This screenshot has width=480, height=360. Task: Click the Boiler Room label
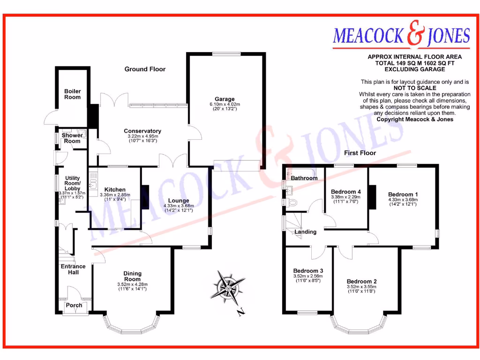[x=72, y=94]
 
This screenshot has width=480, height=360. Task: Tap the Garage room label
[x=225, y=99]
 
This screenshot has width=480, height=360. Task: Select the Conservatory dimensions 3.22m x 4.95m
[x=142, y=136]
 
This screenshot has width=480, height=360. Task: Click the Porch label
[x=74, y=305]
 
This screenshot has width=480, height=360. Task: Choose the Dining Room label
[x=132, y=277]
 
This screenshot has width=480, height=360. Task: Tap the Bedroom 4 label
[x=346, y=192]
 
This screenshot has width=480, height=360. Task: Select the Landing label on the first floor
[x=305, y=232]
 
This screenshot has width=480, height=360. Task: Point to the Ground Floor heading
[x=145, y=69]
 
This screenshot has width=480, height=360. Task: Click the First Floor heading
[x=360, y=153]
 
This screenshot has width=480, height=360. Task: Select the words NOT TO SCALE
[x=415, y=88]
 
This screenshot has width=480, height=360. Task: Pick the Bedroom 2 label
[x=361, y=282]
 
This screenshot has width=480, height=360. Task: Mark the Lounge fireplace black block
[x=145, y=197]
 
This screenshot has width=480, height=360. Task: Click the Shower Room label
[x=72, y=138]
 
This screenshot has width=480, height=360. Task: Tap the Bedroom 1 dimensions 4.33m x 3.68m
[x=403, y=200]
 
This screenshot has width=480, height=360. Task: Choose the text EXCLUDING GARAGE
[x=414, y=69]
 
